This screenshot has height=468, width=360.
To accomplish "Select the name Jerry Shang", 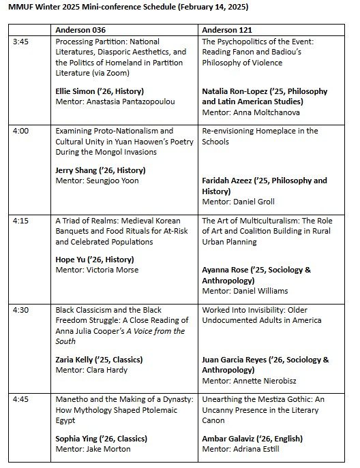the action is [x=76, y=170].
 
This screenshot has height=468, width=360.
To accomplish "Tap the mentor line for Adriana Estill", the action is [x=243, y=448].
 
